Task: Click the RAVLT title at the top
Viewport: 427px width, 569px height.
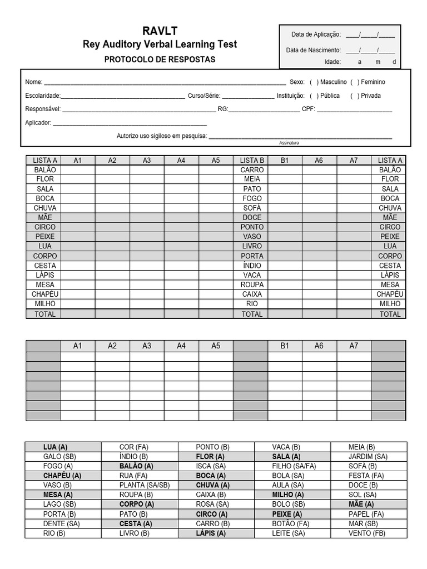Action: coord(160,31)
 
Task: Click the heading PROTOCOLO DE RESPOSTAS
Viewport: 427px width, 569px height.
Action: coord(160,59)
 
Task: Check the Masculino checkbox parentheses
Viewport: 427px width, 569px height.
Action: coord(314,82)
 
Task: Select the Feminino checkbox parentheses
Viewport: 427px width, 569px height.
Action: coord(355,82)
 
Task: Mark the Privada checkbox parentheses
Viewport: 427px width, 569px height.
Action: coord(355,96)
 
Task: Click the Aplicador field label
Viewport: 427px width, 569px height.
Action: coord(38,122)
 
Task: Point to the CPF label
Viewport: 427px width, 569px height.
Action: coord(308,109)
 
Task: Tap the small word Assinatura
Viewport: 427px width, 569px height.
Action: coord(289,143)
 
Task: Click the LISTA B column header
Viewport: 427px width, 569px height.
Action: coord(251,160)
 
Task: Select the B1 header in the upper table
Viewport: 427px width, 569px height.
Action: coord(285,160)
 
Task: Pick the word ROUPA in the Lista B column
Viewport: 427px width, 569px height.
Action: coord(252,284)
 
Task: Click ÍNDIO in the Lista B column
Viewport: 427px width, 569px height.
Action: coord(252,266)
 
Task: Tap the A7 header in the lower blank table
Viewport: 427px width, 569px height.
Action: coord(354,346)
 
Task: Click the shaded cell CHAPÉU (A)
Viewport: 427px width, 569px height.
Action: coord(62,476)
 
